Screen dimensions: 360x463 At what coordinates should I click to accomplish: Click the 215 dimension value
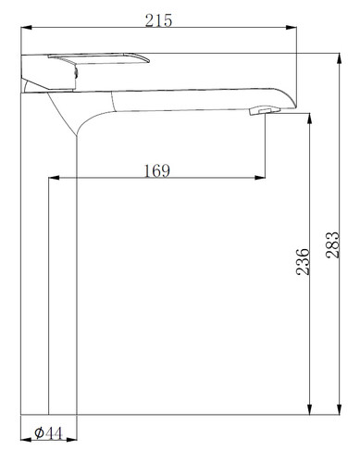[158, 20]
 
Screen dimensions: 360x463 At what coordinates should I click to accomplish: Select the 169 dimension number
[157, 170]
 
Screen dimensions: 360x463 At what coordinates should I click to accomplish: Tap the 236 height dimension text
[302, 261]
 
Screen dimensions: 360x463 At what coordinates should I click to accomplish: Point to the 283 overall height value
[332, 244]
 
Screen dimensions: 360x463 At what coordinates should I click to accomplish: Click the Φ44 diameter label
[48, 432]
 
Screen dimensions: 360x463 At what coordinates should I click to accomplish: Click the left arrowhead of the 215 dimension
[26, 28]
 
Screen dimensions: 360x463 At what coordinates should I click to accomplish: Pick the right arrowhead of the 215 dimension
[292, 28]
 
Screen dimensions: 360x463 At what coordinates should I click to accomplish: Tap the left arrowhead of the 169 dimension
[54, 178]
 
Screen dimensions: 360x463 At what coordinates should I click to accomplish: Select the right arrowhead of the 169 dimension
[260, 178]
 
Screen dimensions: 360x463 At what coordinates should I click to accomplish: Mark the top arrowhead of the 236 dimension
[310, 119]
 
